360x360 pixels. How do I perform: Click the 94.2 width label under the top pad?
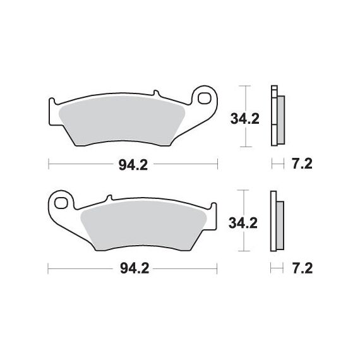point(133,165)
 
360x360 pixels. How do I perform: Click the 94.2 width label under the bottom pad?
point(135,268)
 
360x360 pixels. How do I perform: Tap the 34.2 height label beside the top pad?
point(245,119)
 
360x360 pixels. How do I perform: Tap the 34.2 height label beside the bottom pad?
point(243,223)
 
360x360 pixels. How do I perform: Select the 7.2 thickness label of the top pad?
point(302,164)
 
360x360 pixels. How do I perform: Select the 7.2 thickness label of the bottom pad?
point(303,268)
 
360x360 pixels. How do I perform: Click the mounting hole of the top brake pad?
point(205,99)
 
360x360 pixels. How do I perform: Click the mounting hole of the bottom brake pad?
point(61,203)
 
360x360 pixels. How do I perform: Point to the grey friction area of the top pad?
point(122,121)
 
